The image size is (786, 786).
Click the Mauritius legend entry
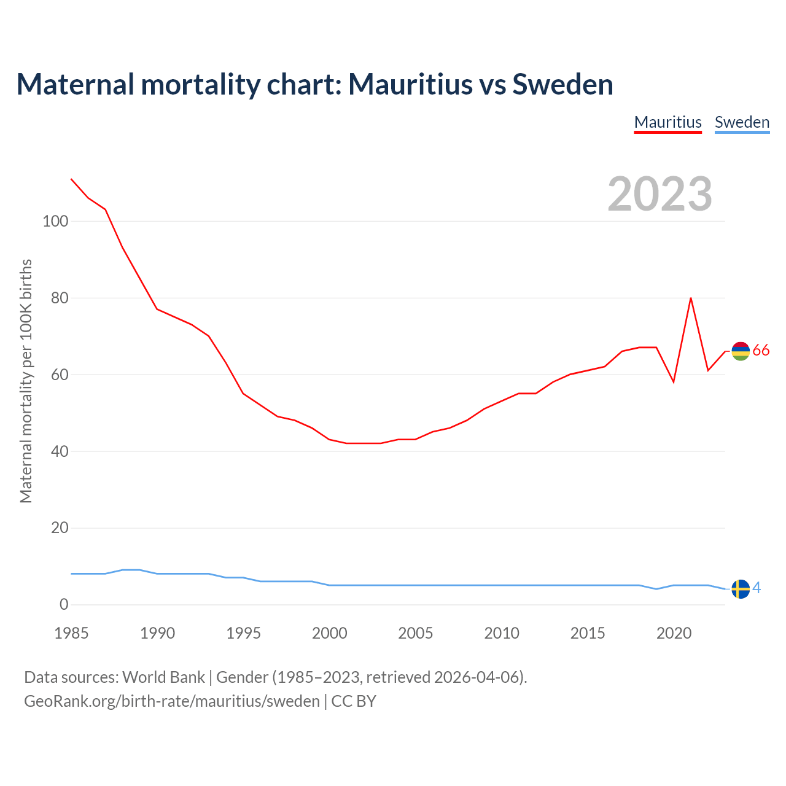[x=667, y=122]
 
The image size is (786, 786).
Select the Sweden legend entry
[x=742, y=122]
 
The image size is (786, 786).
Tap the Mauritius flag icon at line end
[x=741, y=351]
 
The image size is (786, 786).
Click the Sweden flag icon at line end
[x=741, y=589]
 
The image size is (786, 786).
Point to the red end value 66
[x=761, y=351]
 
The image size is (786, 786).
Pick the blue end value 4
[x=757, y=588]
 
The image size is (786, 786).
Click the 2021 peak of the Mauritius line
[x=691, y=298]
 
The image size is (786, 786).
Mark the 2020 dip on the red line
[x=674, y=382]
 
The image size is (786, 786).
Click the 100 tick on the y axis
[x=55, y=221]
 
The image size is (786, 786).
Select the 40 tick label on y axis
[x=60, y=451]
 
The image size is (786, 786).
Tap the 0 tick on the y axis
[x=64, y=604]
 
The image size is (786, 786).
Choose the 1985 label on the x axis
[x=71, y=633]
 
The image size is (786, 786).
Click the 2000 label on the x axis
[x=330, y=633]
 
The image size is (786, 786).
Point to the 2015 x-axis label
[x=588, y=633]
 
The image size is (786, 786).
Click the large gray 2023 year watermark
[x=660, y=194]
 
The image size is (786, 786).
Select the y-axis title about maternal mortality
[x=26, y=381]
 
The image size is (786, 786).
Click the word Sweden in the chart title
[x=562, y=84]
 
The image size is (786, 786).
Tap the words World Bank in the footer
[x=163, y=677]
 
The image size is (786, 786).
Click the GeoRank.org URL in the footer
[x=172, y=701]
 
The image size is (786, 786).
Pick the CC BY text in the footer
[x=354, y=701]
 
